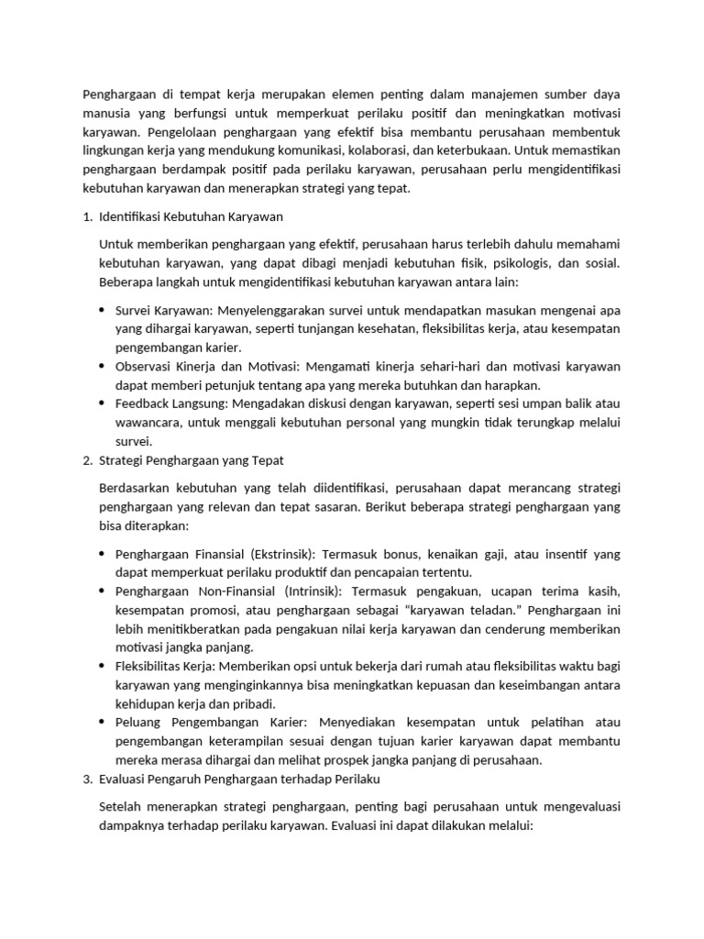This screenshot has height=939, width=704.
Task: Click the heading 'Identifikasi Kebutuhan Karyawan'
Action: point(191,217)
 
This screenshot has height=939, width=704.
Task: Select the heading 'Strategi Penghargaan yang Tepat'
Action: point(190,459)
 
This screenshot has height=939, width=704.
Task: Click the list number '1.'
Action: point(87,217)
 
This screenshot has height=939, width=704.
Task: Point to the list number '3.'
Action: point(87,779)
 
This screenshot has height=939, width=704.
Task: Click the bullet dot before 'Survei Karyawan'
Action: point(102,311)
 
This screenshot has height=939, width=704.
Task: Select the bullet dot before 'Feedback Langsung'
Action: point(102,403)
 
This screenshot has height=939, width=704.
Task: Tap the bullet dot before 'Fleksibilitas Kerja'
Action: point(102,666)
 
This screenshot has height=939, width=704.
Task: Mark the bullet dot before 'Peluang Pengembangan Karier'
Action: point(102,723)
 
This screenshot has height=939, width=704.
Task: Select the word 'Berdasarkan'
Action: point(136,488)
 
